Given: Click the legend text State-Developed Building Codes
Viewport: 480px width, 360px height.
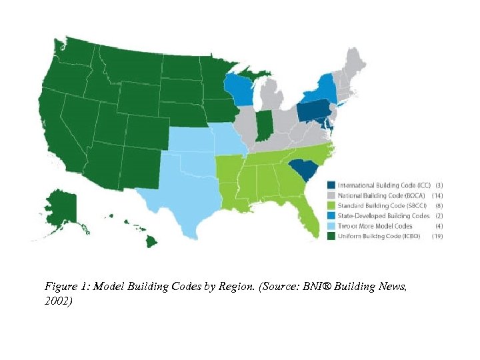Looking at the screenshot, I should click(383, 216).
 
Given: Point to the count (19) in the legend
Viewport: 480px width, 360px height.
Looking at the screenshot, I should click(438, 237).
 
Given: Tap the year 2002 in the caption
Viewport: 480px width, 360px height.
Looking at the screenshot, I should click(57, 301).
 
